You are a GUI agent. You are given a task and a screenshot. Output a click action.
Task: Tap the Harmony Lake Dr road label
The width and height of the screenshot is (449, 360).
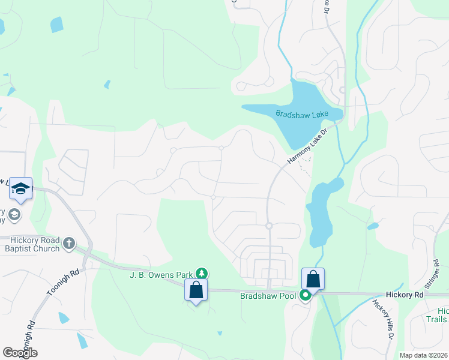(307, 146)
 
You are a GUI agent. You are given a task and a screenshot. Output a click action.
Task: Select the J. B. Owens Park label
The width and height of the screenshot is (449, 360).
(161, 275)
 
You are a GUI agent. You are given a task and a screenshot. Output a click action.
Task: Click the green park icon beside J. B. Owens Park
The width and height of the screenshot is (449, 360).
(203, 274)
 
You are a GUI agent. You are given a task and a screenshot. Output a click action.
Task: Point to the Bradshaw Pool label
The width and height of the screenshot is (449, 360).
(269, 296)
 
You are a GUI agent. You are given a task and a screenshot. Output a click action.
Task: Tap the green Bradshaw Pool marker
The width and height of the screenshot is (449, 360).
(306, 295)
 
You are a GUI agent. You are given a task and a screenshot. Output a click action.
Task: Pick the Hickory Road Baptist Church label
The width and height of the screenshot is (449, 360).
(30, 244)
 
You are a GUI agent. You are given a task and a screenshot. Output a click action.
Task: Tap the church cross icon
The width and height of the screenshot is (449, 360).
(70, 243)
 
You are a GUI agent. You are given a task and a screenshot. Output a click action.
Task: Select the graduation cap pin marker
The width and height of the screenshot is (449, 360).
(20, 188)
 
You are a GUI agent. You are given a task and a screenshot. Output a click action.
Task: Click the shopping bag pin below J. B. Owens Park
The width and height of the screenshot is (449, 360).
(196, 290)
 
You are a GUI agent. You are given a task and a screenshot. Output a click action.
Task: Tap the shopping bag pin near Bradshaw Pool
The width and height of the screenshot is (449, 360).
(313, 279)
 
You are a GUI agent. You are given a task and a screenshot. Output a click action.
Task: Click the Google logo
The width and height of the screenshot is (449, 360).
(20, 353)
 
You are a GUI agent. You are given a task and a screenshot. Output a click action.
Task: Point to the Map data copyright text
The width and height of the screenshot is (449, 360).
(423, 355)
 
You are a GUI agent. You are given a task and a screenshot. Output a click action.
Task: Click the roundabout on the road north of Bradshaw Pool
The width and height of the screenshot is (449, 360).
(269, 226)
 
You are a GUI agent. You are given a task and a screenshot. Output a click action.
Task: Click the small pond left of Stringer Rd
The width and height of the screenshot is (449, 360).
(373, 226)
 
